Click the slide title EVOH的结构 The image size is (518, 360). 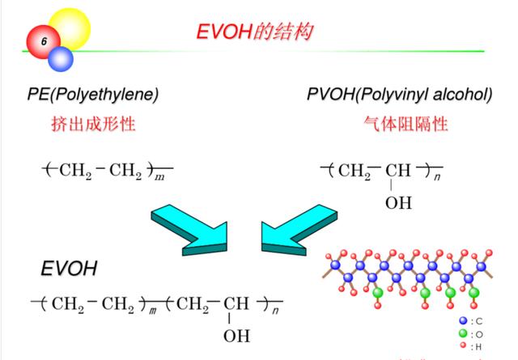coord(254,32)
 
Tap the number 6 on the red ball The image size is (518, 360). coord(44,41)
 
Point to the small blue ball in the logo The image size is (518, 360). coord(61,59)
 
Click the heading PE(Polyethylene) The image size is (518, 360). coord(93,95)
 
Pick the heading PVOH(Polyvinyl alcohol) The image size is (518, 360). coord(399,95)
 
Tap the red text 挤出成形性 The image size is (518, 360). coord(93,125)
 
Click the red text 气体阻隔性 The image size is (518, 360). coord(405,125)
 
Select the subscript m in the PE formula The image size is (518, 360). coord(159,177)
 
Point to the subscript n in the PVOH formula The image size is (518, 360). coord(437,177)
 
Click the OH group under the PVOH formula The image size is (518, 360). coord(398,202)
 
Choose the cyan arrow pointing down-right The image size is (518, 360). coord(189,230)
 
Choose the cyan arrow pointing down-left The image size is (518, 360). coord(299,230)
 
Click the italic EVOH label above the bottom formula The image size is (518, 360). coord(69,269)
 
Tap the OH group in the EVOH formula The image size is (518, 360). coord(236,336)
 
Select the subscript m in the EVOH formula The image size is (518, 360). coord(152,311)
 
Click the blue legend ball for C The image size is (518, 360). coord(464,320)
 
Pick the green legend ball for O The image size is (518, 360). coord(464,333)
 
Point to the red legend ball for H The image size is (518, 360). coord(463,345)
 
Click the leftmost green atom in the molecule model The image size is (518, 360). coord(377,293)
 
